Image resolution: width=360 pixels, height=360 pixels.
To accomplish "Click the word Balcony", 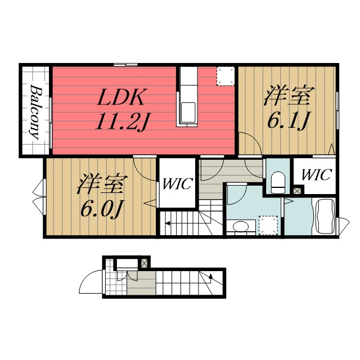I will pyautogui.click(x=35, y=112).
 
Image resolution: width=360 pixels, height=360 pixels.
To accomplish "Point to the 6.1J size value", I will pyautogui.click(x=287, y=120).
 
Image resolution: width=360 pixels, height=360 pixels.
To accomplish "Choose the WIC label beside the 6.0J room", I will pyautogui.click(x=178, y=184).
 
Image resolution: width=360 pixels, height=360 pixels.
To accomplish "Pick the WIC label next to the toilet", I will pyautogui.click(x=316, y=175).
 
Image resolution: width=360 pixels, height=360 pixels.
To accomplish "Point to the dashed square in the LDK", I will pyautogui.click(x=226, y=76).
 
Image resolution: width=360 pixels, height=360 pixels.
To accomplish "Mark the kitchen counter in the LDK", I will pyautogui.click(x=188, y=96).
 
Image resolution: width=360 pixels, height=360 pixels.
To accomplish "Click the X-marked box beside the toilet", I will pyautogui.click(x=297, y=191).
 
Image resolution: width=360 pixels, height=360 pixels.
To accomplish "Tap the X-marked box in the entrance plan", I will pyautogui.click(x=144, y=263).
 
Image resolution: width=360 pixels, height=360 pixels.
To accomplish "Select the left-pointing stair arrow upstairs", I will pyautogui.click(x=168, y=224).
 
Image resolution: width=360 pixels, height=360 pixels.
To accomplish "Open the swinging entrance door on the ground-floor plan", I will pyautogui.click(x=90, y=281).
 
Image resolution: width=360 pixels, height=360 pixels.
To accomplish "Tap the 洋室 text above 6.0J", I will pyautogui.click(x=102, y=184).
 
